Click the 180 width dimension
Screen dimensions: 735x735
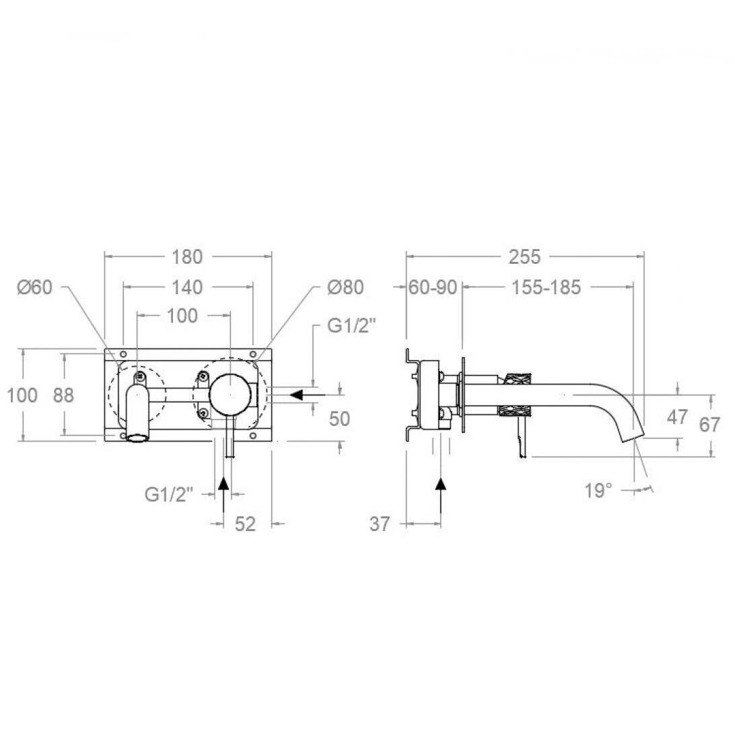pos(187,256)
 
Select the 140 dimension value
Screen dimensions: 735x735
pos(186,287)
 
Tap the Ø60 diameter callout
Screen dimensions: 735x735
pos(35,287)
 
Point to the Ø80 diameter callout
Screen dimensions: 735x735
pos(345,287)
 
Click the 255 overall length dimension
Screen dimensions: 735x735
pos(524,256)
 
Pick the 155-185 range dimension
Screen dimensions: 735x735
pos(546,287)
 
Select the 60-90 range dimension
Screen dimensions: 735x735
pos(433,287)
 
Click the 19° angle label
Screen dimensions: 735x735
pos(598,491)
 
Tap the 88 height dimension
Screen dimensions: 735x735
pos(63,395)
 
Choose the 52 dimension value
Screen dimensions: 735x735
pos(245,524)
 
